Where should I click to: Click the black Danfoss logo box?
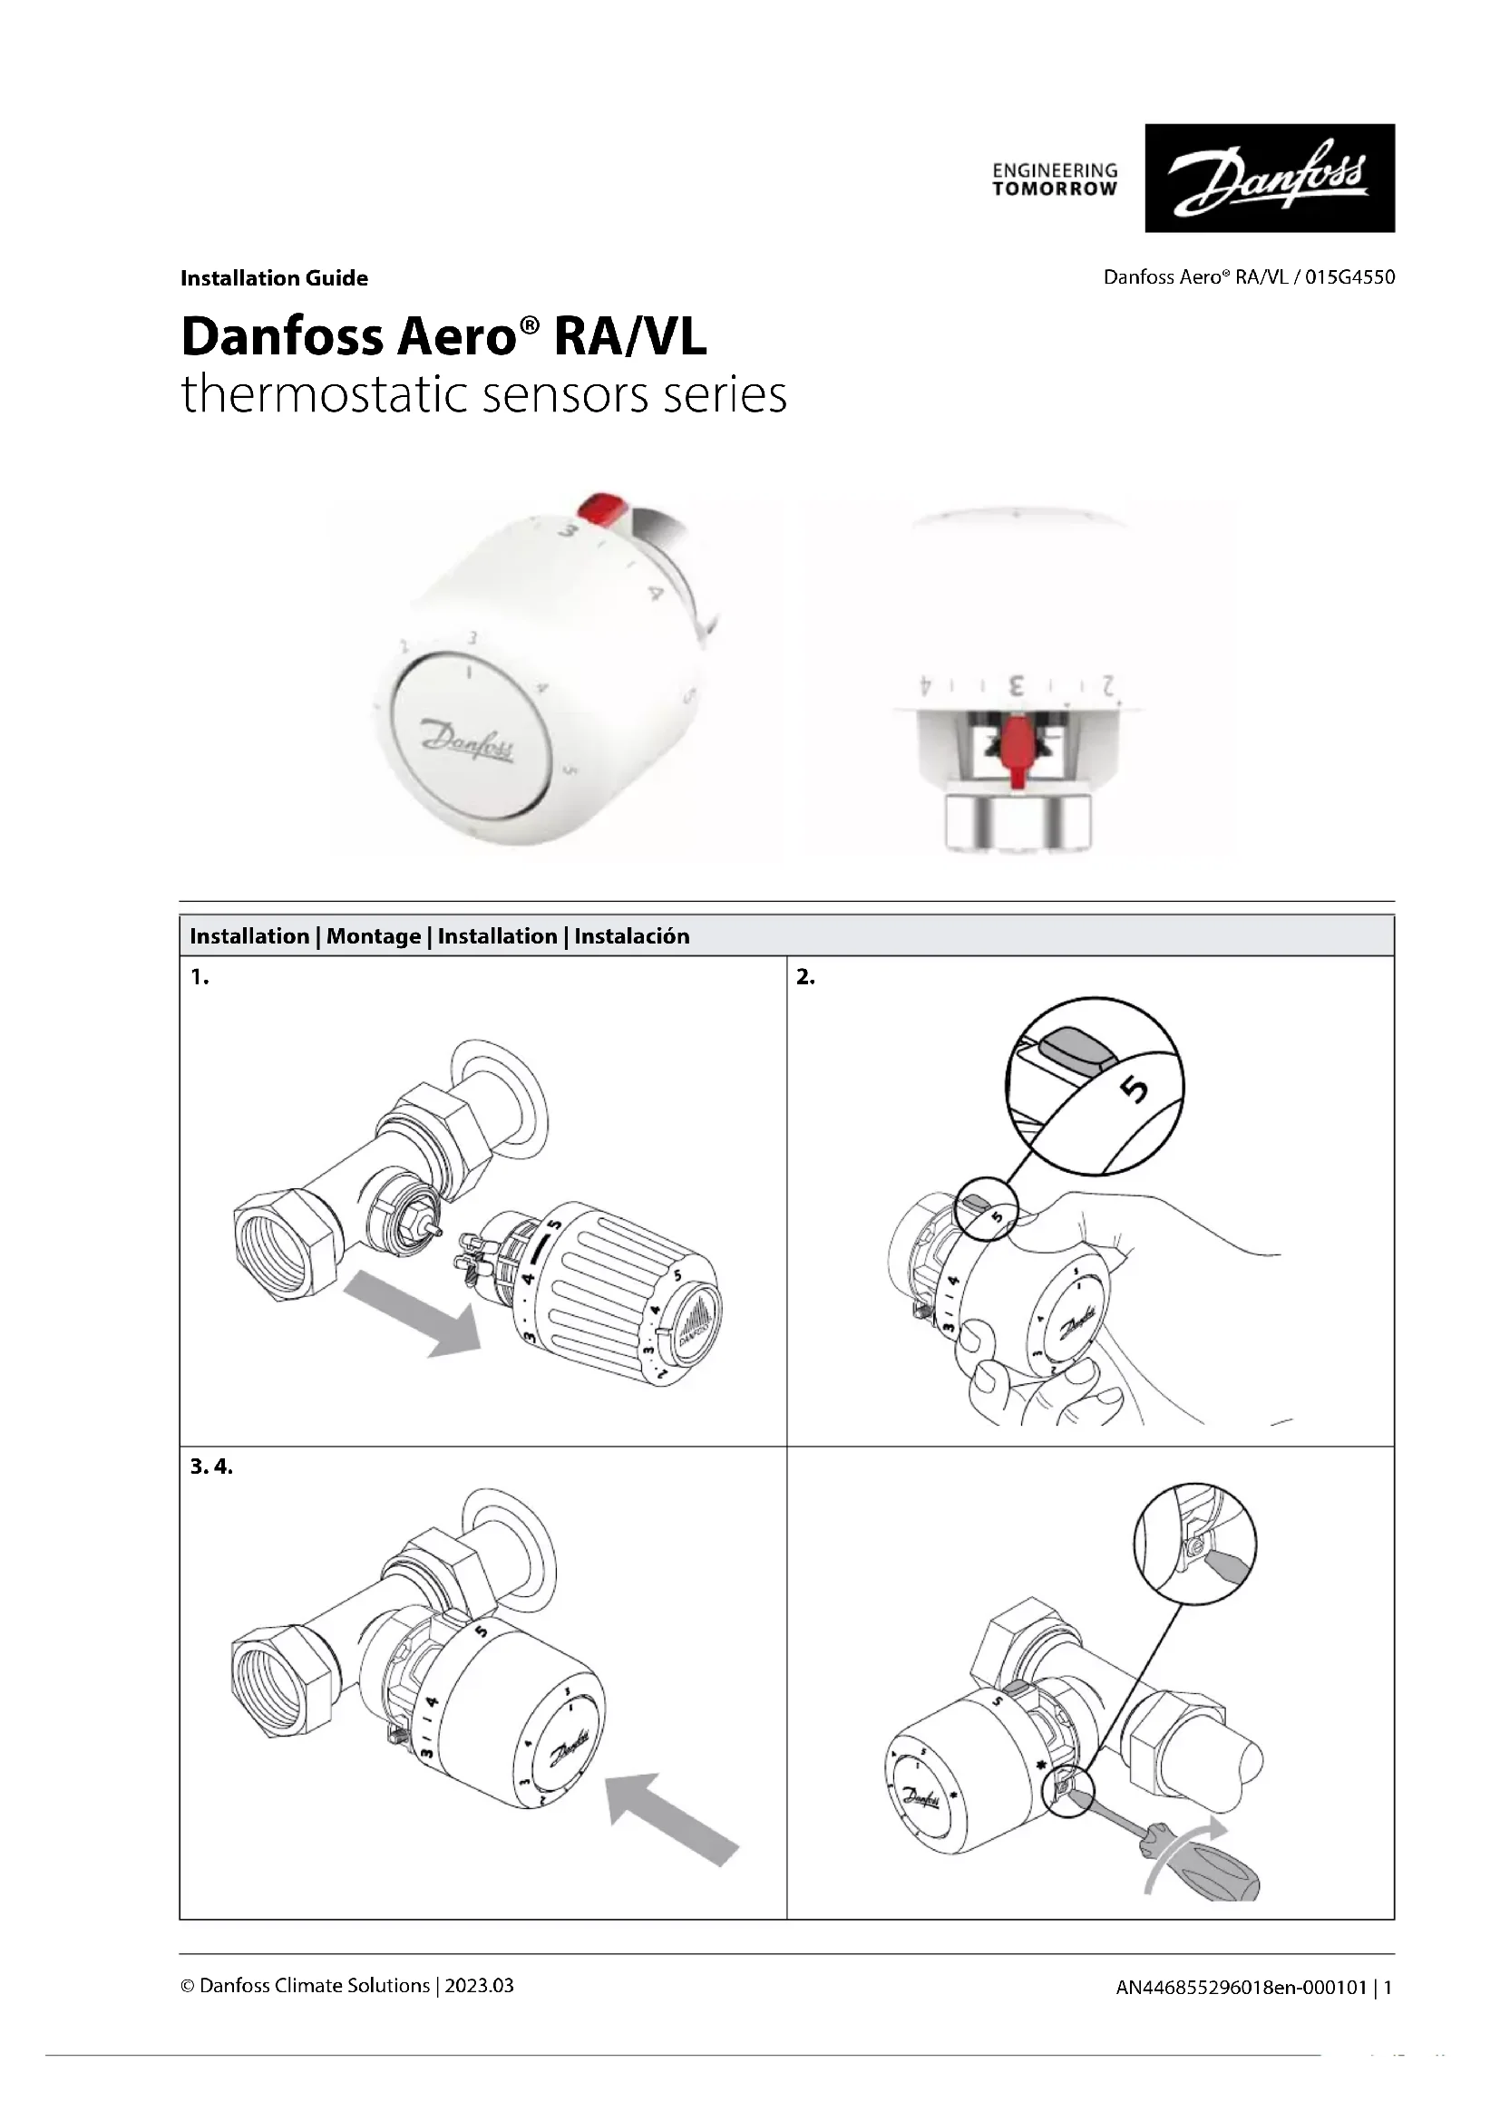pos(1269,179)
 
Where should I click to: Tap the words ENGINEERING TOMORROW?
pos(1055,180)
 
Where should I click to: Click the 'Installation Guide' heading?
pos(274,278)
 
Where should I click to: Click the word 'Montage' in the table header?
pos(373,936)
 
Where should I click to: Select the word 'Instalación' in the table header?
pos(632,936)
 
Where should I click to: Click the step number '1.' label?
pos(200,977)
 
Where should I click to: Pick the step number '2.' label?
pos(805,977)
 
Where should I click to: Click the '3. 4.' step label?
pos(211,1467)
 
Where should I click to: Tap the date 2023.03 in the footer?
pos(480,1985)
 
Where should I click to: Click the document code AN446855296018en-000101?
pos(1242,1987)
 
